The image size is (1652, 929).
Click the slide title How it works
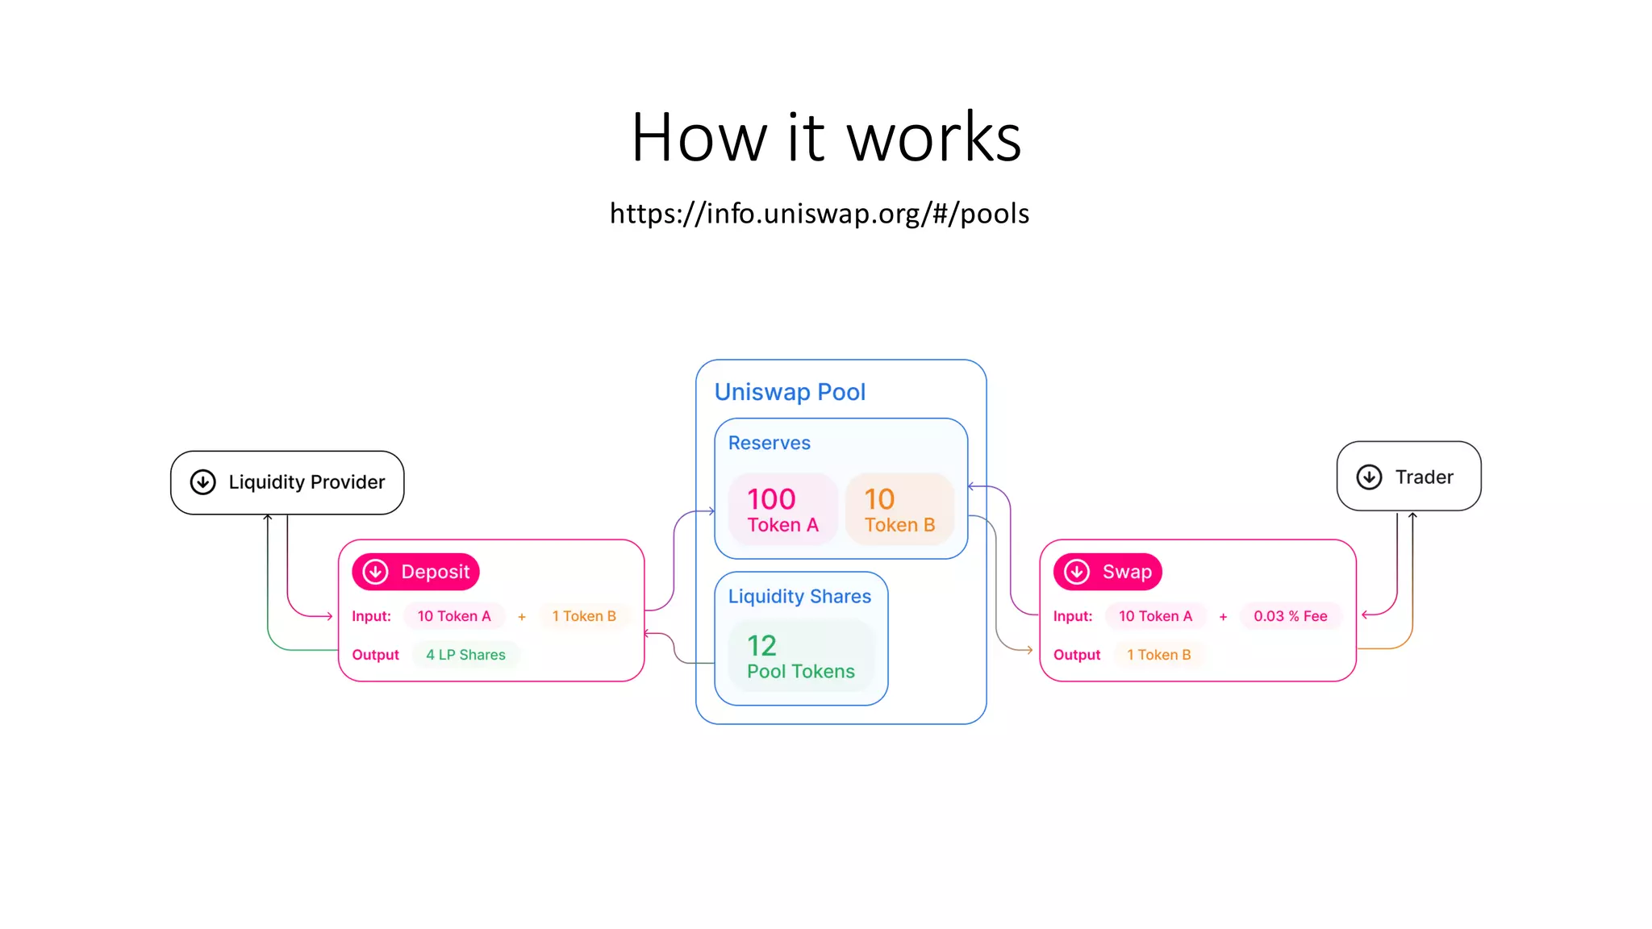click(826, 138)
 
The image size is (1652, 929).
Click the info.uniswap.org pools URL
click(819, 214)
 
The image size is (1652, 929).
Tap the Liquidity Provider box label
click(307, 482)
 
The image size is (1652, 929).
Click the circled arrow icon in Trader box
click(1369, 477)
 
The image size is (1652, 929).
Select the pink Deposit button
click(416, 572)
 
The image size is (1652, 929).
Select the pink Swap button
click(1108, 572)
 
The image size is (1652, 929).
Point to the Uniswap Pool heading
click(790, 392)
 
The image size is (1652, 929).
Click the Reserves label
click(769, 443)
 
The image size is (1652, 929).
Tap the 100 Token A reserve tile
click(782, 510)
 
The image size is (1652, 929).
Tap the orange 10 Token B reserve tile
click(899, 510)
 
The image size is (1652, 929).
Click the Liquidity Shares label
click(799, 596)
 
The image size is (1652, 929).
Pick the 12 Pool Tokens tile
click(800, 656)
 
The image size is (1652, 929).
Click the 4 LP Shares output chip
click(465, 655)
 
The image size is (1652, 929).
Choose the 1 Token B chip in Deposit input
click(584, 616)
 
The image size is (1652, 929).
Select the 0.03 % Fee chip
click(1290, 616)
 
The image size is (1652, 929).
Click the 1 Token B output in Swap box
click(1158, 655)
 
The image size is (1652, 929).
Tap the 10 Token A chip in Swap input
click(1155, 616)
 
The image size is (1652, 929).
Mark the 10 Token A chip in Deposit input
click(453, 616)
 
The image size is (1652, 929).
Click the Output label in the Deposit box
click(375, 655)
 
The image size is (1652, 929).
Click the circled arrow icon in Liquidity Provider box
click(203, 482)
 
